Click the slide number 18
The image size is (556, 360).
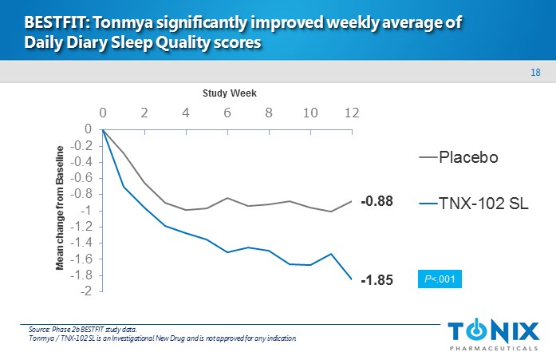[536, 73]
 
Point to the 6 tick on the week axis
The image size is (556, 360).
[227, 113]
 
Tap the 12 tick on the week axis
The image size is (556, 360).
[351, 113]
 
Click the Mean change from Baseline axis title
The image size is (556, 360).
[60, 208]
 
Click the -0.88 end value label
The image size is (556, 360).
[377, 202]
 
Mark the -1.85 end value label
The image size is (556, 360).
[377, 281]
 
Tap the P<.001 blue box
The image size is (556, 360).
[440, 279]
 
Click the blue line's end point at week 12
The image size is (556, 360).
[351, 279]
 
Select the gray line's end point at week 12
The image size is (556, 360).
[351, 201]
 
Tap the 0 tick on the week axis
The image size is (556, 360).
[103, 113]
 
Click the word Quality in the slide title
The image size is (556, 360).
[172, 44]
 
